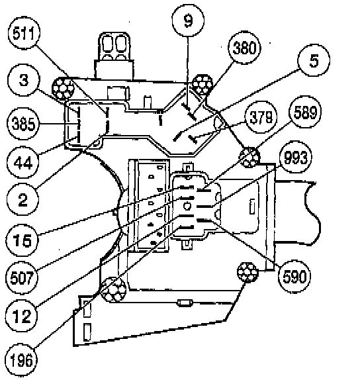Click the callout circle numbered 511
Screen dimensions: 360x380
(x=24, y=33)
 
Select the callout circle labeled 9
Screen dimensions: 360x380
(x=188, y=21)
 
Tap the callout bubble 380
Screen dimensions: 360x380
(x=244, y=48)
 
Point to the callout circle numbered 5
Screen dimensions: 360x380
(x=314, y=60)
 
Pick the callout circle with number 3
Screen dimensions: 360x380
(x=23, y=80)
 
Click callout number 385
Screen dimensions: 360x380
(x=23, y=124)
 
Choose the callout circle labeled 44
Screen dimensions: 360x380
(x=23, y=162)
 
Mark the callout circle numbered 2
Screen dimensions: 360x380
(x=22, y=199)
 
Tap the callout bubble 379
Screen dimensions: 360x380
(x=261, y=117)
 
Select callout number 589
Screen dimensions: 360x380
(x=305, y=113)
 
